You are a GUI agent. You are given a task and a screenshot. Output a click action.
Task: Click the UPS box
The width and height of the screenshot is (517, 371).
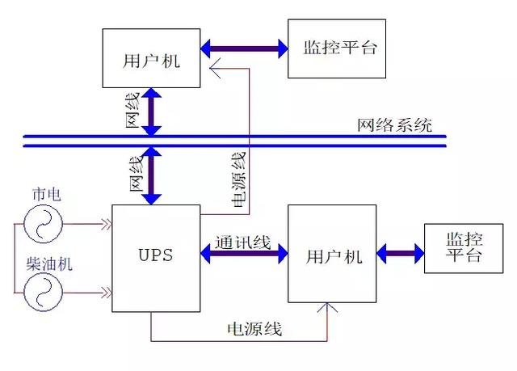click(155, 258)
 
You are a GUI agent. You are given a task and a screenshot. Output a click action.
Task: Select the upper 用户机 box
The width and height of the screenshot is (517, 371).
click(151, 57)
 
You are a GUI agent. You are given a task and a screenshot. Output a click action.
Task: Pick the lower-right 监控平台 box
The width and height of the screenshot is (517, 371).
click(463, 248)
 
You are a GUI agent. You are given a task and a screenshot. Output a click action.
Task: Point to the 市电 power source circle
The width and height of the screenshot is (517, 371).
click(40, 222)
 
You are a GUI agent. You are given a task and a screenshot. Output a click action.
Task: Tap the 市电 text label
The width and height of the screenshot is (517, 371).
click(46, 194)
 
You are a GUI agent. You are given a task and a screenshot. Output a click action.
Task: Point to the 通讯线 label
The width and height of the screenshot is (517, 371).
click(242, 242)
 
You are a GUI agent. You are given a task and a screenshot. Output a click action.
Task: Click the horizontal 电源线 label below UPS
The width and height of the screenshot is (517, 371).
click(254, 329)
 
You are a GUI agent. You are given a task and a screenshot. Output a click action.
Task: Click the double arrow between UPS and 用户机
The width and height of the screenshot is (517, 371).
click(244, 255)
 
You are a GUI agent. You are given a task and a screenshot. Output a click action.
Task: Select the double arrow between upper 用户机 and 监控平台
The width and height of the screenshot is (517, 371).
click(244, 48)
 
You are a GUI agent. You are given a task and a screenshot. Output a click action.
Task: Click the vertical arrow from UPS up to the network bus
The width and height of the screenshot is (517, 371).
click(151, 176)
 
